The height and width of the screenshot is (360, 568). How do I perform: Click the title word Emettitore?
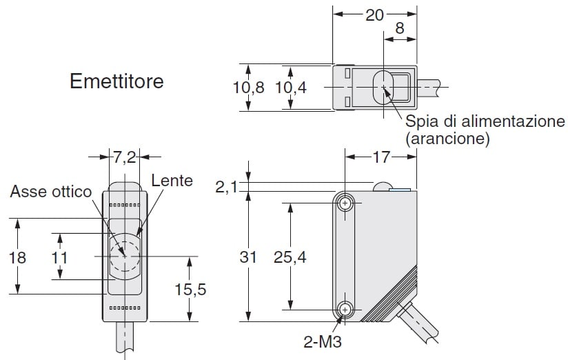[117, 81]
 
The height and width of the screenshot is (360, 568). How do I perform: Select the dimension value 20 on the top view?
[374, 16]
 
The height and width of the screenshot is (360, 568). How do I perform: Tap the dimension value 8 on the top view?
[399, 30]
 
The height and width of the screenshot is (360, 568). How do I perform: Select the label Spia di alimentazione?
[485, 122]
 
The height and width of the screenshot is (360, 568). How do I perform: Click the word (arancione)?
[447, 139]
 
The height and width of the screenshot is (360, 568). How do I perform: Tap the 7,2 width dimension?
[125, 158]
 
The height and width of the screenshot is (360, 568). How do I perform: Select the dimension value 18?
[17, 257]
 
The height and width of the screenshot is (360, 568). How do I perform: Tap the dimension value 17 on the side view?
[382, 158]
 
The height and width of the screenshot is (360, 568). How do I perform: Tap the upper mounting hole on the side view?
[345, 203]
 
